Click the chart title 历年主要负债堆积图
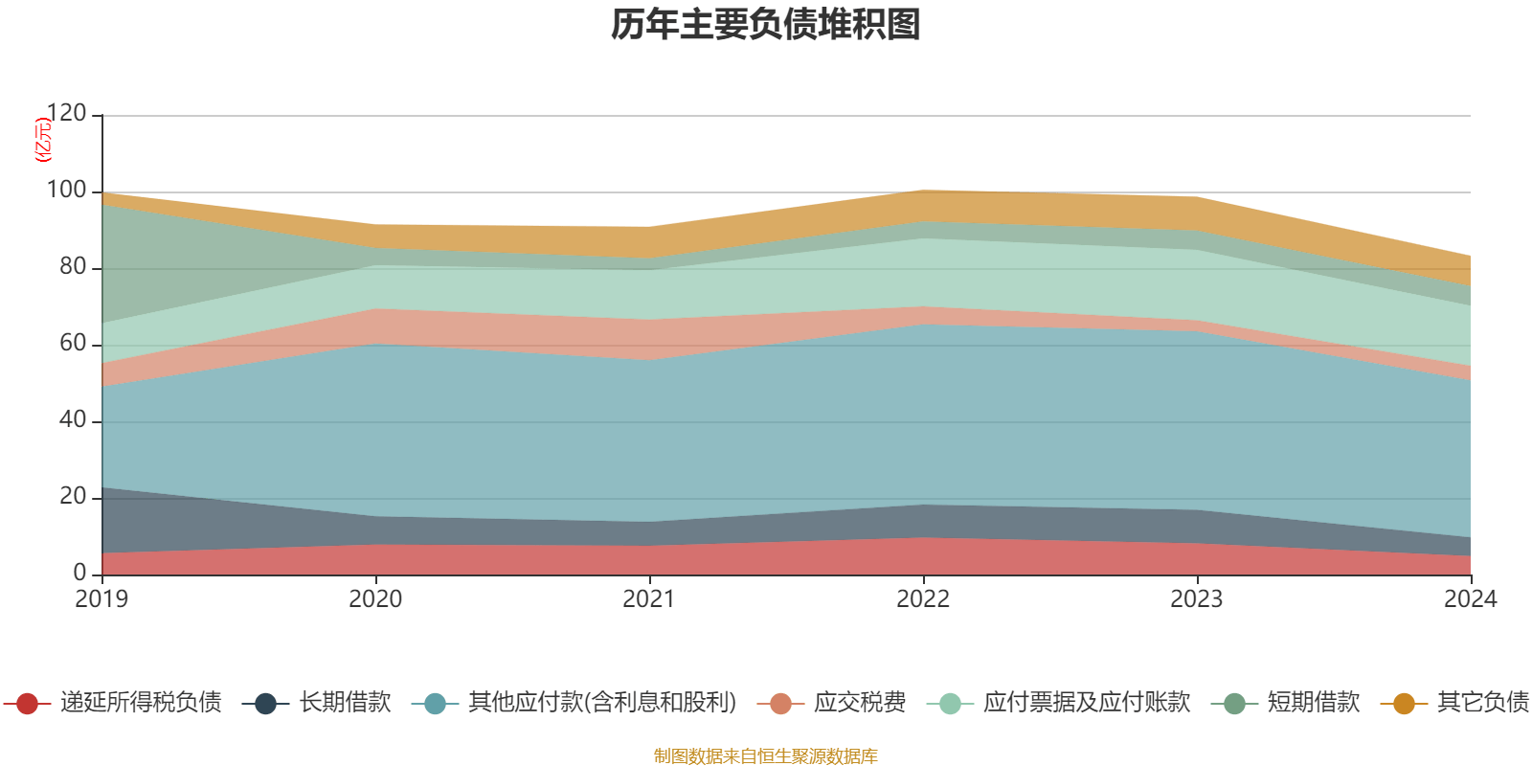tap(766, 25)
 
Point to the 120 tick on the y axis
tap(67, 114)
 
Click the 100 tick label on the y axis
tap(67, 191)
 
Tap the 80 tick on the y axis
tap(73, 267)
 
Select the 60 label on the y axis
tap(73, 344)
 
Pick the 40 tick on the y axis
tap(73, 420)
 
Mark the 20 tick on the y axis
tap(73, 497)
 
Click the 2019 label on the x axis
tap(101, 599)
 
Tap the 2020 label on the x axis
tap(375, 599)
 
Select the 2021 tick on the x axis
tap(649, 599)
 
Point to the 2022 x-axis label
tap(923, 599)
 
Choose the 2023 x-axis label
tap(1197, 599)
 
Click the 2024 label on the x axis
tap(1470, 599)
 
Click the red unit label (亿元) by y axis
tap(43, 140)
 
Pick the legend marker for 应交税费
tap(781, 704)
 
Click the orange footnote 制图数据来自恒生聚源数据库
tap(766, 756)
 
